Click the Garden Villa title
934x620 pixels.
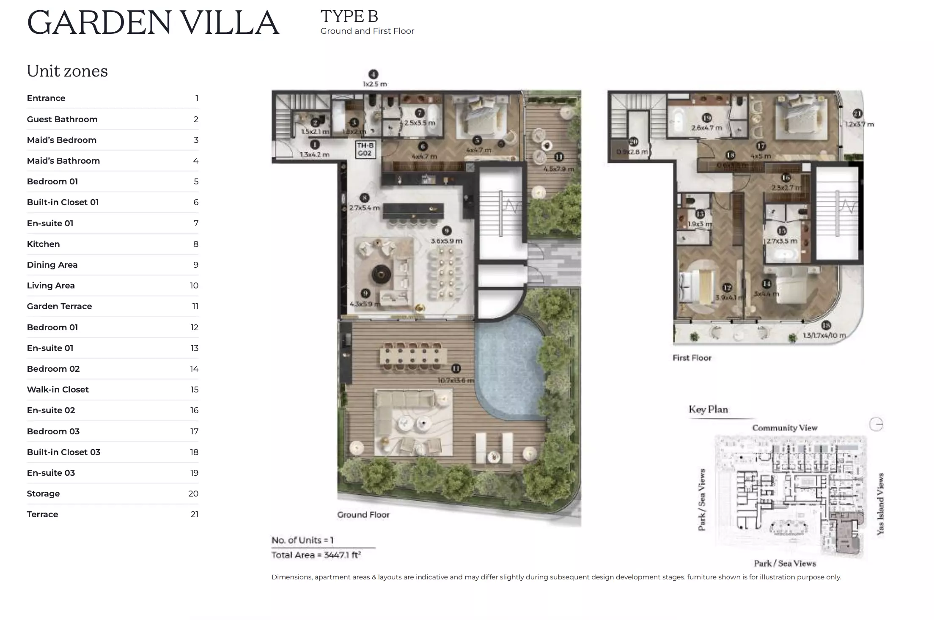tap(153, 22)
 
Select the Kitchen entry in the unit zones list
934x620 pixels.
tap(43, 244)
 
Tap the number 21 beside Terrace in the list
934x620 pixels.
tap(194, 514)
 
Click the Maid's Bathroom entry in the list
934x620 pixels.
tap(63, 161)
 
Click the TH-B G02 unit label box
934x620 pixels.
tap(365, 150)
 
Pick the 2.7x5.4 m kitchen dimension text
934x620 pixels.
tap(364, 208)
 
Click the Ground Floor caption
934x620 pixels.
tap(363, 515)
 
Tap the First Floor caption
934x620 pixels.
tap(692, 358)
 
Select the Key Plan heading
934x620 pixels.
tap(708, 409)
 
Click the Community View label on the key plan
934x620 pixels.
tap(785, 428)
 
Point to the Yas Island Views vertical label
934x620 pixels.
tap(880, 503)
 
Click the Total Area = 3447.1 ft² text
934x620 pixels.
tap(316, 555)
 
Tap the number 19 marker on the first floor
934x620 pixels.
tap(706, 118)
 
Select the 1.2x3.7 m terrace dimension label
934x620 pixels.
tap(860, 124)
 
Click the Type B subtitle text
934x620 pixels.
tap(349, 17)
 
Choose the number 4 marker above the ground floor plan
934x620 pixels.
tap(373, 74)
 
